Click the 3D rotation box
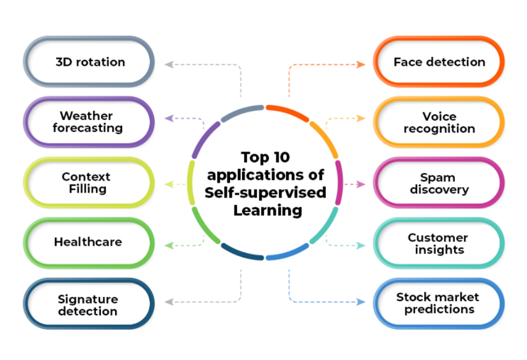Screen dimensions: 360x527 tap(89, 62)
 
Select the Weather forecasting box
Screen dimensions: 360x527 tap(89, 122)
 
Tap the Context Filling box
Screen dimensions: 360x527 tap(89, 183)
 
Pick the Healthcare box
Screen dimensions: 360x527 tap(89, 243)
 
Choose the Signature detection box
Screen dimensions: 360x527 tap(89, 304)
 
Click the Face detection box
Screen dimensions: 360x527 tap(439, 62)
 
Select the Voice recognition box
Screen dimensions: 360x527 tap(439, 122)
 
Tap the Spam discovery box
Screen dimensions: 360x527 tap(439, 183)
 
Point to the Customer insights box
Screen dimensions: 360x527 tap(439, 243)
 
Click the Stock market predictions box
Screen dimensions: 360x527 tap(439, 303)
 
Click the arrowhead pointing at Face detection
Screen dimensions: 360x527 tap(362, 64)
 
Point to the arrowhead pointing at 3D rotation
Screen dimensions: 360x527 tap(169, 64)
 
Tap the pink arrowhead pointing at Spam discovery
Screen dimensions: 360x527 tap(362, 184)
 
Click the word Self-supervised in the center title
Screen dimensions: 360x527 tap(265, 192)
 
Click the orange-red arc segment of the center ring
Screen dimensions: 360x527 tap(287, 110)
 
